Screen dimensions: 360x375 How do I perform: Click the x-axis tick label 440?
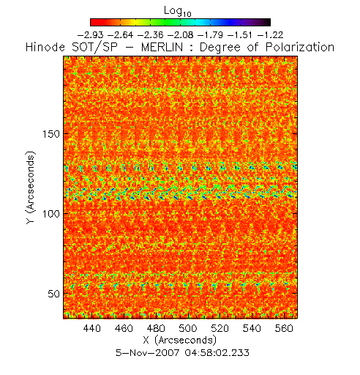pyautogui.click(x=91, y=328)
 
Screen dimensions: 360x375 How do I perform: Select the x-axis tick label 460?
pyautogui.click(x=124, y=328)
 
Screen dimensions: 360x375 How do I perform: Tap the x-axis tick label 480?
pyautogui.click(x=156, y=328)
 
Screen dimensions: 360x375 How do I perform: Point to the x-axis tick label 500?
pyautogui.click(x=188, y=328)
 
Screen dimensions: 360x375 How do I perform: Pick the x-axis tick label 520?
pyautogui.click(x=220, y=328)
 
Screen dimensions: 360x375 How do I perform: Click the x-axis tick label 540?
pyautogui.click(x=252, y=328)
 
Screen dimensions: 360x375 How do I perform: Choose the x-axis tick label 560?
pyautogui.click(x=284, y=328)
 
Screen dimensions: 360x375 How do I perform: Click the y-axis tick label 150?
pyautogui.click(x=51, y=134)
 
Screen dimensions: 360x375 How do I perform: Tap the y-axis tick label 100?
pyautogui.click(x=51, y=214)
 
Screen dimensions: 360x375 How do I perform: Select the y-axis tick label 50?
pyautogui.click(x=54, y=294)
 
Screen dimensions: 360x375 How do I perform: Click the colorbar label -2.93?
pyautogui.click(x=90, y=35)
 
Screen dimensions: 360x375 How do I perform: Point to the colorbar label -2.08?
pyautogui.click(x=181, y=35)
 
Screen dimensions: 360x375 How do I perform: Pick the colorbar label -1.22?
pyautogui.click(x=271, y=35)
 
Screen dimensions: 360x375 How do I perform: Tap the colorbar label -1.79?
pyautogui.click(x=211, y=35)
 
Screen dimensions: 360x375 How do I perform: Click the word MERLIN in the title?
pyautogui.click(x=162, y=48)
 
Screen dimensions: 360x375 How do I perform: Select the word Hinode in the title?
pyautogui.click(x=45, y=48)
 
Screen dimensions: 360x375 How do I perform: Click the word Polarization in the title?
pyautogui.click(x=300, y=48)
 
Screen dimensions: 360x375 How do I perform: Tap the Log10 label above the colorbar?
pyautogui.click(x=178, y=11)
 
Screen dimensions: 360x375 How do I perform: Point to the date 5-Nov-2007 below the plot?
pyautogui.click(x=148, y=353)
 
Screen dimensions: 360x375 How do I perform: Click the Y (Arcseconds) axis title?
pyautogui.click(x=31, y=187)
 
